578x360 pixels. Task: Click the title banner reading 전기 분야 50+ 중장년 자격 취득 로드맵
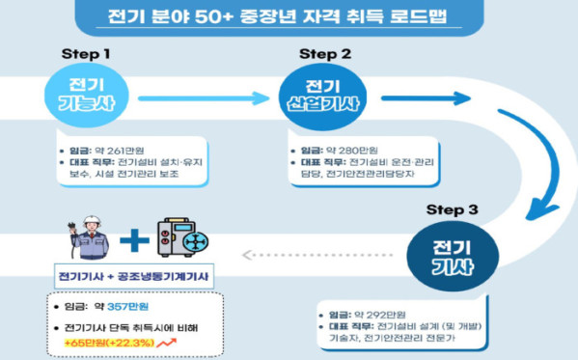point(289,17)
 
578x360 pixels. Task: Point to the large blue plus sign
point(134,239)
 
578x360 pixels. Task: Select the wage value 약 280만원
point(348,152)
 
